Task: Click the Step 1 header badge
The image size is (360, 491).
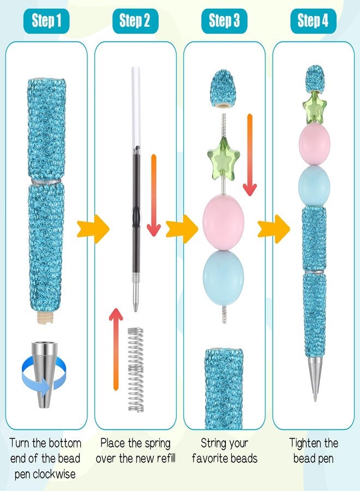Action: coord(46,21)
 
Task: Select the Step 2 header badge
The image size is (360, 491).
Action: coord(135,21)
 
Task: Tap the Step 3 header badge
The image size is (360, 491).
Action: coord(224,21)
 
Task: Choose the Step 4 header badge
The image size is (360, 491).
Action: coord(313,21)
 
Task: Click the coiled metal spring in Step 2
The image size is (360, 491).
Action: coord(136,369)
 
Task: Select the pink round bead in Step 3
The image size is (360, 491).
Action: coord(223,223)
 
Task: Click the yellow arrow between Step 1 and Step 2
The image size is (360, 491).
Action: coord(93,229)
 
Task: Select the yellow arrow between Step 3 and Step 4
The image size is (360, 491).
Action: coord(274,229)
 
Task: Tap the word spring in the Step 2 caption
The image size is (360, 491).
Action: coord(157,444)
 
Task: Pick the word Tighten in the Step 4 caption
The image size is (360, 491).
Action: coord(302,444)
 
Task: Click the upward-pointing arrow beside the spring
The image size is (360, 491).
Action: coord(116,349)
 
